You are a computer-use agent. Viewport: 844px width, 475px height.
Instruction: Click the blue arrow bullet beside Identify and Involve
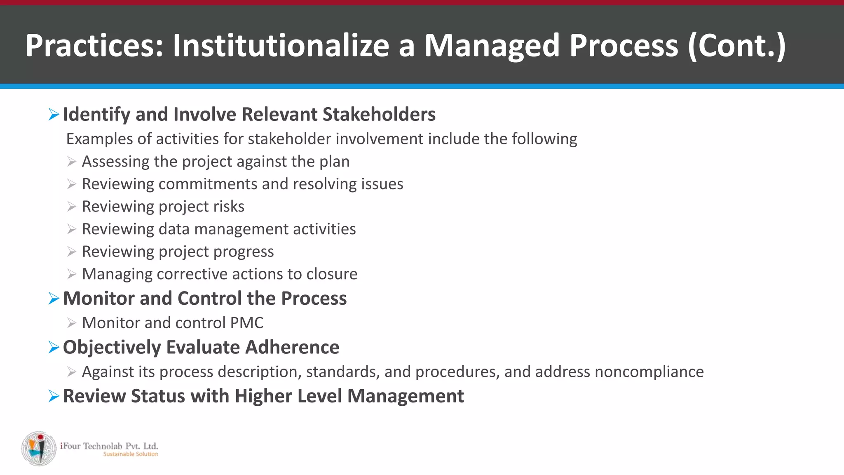(54, 114)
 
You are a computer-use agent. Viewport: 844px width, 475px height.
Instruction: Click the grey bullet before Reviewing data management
(72, 229)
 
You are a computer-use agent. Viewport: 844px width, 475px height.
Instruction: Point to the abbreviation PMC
(246, 323)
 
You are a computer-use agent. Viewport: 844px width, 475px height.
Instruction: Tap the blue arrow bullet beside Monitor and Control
(54, 299)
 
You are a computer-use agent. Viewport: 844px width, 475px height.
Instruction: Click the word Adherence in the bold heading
(292, 347)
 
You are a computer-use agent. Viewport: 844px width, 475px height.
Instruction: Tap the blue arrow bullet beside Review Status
(54, 396)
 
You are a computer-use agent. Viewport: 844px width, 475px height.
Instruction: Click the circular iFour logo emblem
(39, 449)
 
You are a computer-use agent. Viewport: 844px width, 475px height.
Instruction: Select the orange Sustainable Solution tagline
(130, 454)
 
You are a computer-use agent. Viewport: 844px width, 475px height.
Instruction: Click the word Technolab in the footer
(103, 446)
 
